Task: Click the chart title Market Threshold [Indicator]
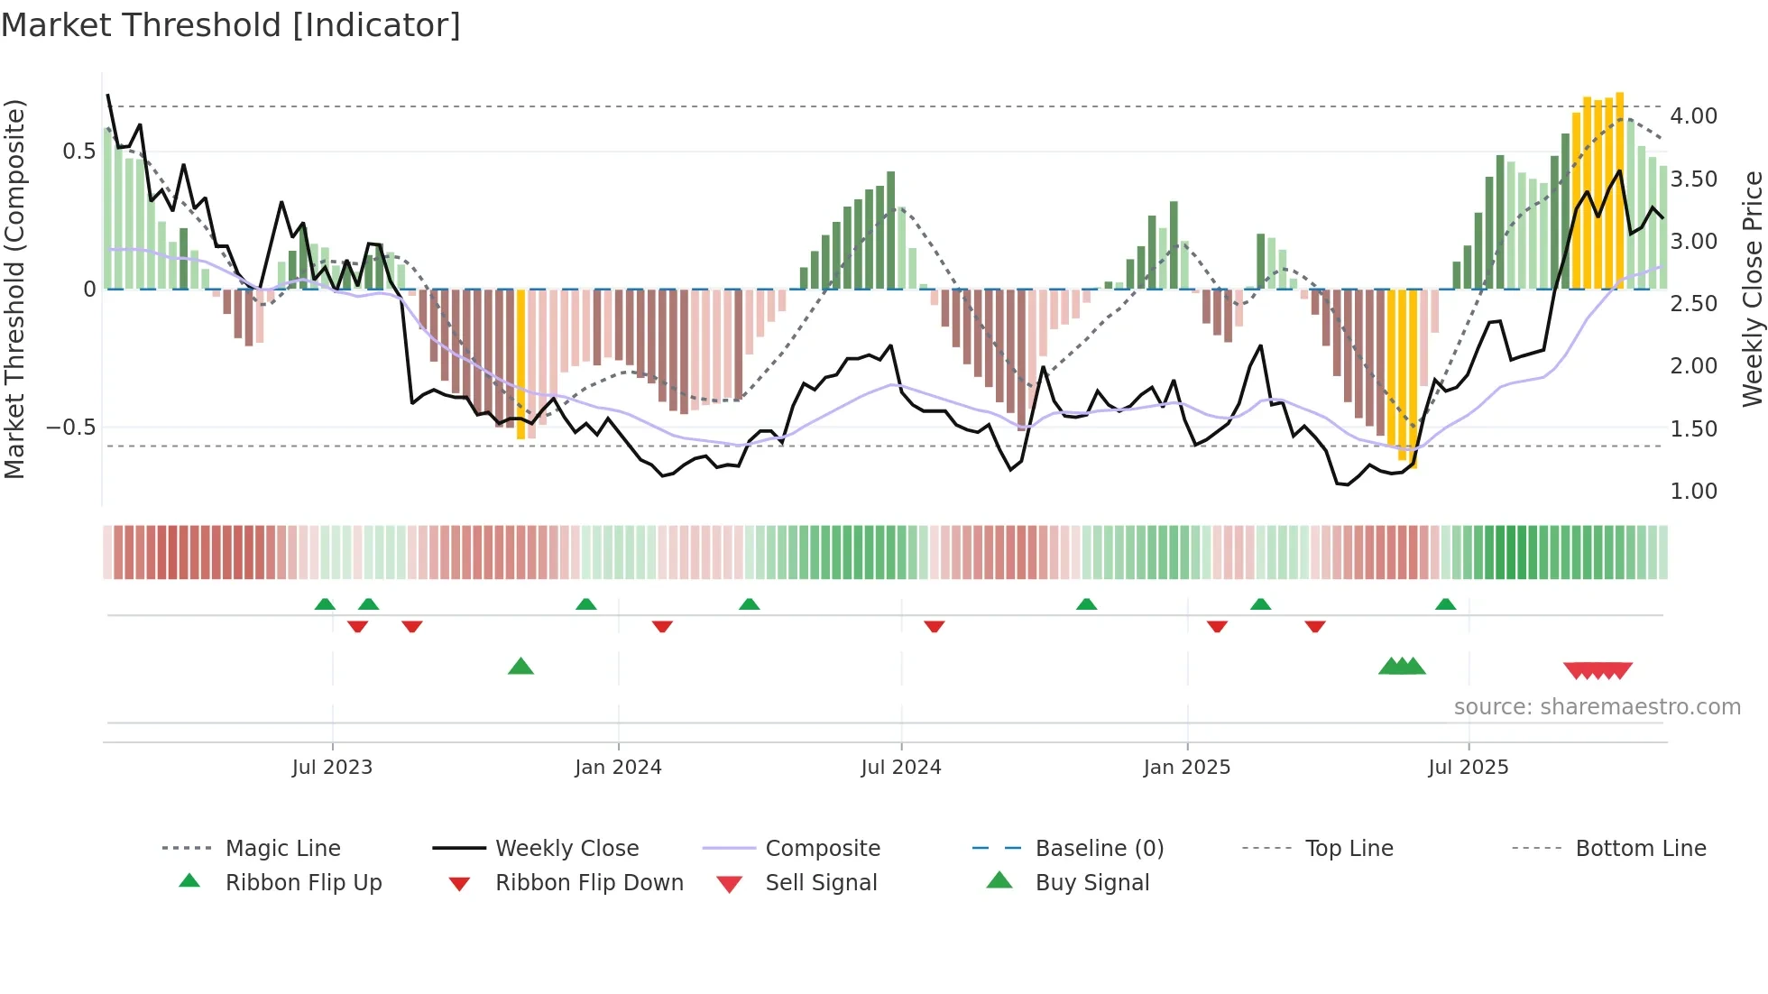[x=231, y=25]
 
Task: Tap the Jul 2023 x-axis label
[x=332, y=768]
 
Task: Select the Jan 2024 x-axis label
[x=618, y=768]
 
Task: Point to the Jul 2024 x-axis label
[x=900, y=768]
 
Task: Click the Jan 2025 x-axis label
[x=1186, y=768]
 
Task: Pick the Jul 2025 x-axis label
[x=1468, y=768]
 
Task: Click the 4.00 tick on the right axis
[x=1693, y=116]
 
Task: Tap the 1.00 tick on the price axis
[x=1693, y=492]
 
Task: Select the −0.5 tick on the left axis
[x=70, y=427]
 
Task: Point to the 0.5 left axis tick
[x=78, y=151]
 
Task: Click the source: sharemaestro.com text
[x=1597, y=707]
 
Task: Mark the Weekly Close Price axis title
[x=1752, y=289]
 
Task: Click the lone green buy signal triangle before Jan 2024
[x=520, y=667]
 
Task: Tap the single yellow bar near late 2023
[x=520, y=364]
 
